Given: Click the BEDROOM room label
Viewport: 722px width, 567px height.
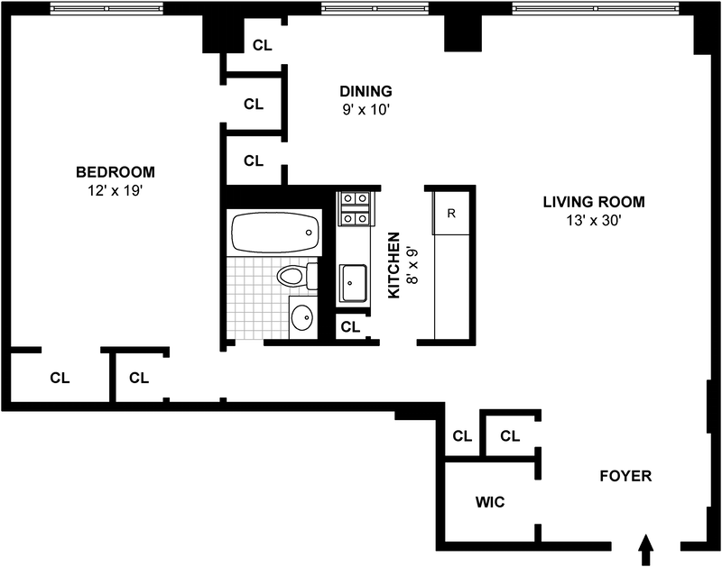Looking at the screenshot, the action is click(x=116, y=172).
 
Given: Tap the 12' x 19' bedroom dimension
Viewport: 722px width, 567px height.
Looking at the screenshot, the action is click(x=116, y=190).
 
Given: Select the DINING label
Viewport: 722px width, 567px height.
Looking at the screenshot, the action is click(x=366, y=91).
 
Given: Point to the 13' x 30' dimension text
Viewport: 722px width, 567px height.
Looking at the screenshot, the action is click(x=594, y=221).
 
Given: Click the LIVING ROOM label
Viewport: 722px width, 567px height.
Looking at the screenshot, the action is click(x=594, y=202).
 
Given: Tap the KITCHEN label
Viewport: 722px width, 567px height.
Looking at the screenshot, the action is click(x=394, y=265).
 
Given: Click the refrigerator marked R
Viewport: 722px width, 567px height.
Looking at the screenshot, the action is click(x=451, y=214).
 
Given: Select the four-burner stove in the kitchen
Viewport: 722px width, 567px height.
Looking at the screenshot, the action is click(x=354, y=208).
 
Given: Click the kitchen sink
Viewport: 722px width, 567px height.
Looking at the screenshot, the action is click(x=353, y=283).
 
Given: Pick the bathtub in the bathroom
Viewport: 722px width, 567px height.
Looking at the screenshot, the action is click(x=275, y=233).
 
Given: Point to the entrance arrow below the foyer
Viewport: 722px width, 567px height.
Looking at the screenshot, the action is click(x=646, y=550).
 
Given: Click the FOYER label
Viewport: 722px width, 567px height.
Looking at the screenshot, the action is click(x=625, y=476).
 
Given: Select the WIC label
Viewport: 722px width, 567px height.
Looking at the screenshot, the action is click(x=490, y=502).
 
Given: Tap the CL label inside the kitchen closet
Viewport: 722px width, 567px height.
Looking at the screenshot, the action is click(x=350, y=327).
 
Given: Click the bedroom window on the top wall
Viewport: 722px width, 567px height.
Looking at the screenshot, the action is click(x=106, y=8).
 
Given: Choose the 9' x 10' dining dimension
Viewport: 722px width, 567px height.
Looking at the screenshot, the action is click(x=366, y=110).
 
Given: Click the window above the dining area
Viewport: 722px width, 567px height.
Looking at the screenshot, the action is click(x=375, y=8).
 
